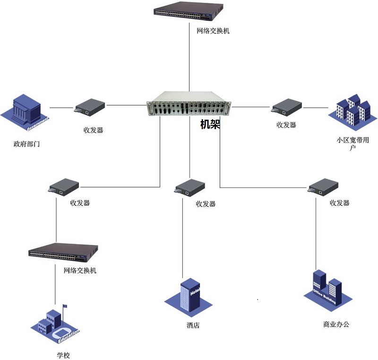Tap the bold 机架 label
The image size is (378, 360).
pos(210,124)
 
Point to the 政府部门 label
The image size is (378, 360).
pos(26,143)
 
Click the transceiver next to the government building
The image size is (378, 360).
pos(90,107)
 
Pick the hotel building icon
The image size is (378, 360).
pos(190,296)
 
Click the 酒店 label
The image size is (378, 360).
pos(193,325)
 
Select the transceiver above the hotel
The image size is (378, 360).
pos(190,187)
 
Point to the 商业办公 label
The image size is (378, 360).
pos(336,325)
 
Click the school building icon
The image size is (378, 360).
pos(56,324)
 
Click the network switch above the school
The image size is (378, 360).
pos(63,251)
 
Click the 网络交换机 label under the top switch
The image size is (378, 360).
pos(213,31)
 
